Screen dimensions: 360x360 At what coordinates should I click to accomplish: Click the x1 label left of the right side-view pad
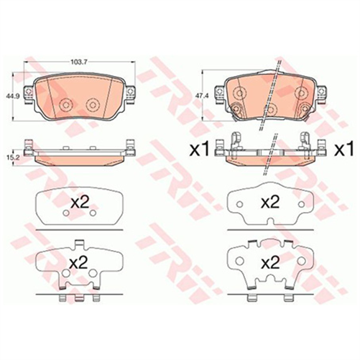198,149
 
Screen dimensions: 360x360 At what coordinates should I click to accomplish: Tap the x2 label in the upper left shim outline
80,203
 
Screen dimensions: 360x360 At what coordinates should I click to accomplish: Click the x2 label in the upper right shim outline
269,203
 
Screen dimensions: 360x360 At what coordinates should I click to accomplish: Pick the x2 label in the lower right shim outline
269,262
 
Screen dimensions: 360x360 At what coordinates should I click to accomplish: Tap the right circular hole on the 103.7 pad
92,105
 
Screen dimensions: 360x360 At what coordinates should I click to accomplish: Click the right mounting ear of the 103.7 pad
131,92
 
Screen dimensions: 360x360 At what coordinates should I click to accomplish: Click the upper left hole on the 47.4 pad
239,92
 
